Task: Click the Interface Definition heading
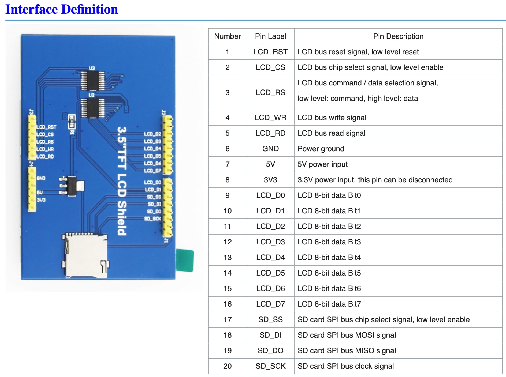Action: coord(62,9)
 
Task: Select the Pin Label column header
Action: coord(270,36)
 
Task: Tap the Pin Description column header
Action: coord(398,36)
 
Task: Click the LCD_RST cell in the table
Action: coord(270,52)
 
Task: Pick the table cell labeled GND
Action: coord(270,149)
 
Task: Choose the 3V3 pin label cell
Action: coord(270,180)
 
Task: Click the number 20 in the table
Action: coord(228,366)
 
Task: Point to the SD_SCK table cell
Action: coord(270,366)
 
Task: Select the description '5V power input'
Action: coord(322,164)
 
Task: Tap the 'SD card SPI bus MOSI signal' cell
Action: coord(347,335)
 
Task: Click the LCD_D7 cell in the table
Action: coord(270,304)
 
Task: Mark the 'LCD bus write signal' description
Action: coord(332,118)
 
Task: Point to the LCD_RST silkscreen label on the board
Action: coord(46,127)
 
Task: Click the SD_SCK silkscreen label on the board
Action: coord(153,219)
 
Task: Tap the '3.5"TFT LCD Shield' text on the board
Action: coord(122,181)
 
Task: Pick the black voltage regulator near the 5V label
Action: coord(72,186)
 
